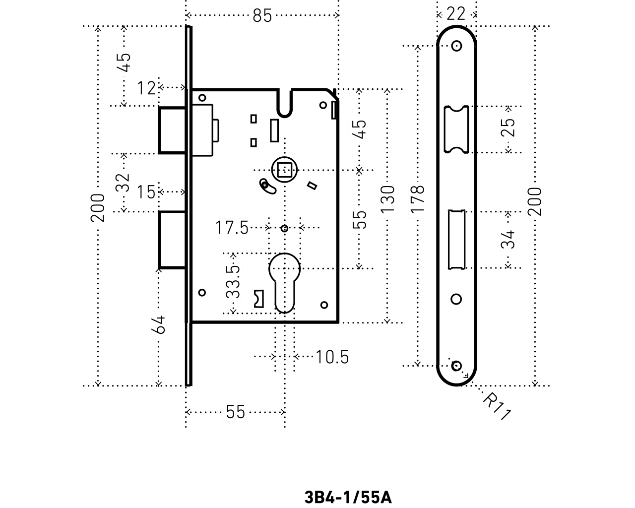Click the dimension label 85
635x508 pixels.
click(x=262, y=16)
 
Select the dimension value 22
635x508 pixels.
click(x=455, y=14)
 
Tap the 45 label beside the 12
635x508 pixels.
click(x=124, y=63)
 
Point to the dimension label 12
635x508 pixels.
click(x=146, y=88)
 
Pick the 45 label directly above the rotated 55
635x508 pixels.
click(x=360, y=129)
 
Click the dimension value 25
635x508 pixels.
click(x=508, y=127)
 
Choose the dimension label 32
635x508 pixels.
click(x=123, y=183)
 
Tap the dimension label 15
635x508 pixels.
click(x=146, y=192)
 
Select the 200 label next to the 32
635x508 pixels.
click(x=98, y=207)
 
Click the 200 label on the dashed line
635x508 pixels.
click(x=535, y=201)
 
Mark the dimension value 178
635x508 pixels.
click(x=417, y=200)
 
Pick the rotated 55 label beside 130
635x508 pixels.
click(x=360, y=220)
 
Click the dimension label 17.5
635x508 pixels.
click(x=232, y=227)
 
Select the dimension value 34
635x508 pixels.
click(x=508, y=240)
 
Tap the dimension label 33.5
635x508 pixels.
click(x=233, y=282)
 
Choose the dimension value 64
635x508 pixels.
click(x=159, y=325)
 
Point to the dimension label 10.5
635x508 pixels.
click(x=332, y=357)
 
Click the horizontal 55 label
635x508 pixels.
click(x=236, y=412)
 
